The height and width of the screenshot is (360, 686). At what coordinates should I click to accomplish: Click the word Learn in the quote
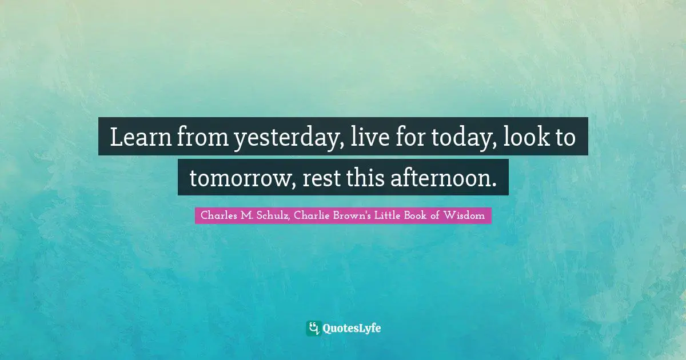135,137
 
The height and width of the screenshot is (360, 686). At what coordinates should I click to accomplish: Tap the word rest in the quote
321,178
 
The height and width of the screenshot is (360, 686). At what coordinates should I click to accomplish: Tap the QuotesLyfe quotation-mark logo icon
313,328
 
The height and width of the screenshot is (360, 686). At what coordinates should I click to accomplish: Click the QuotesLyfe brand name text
352,329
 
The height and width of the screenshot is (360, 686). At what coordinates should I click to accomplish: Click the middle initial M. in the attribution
244,216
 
